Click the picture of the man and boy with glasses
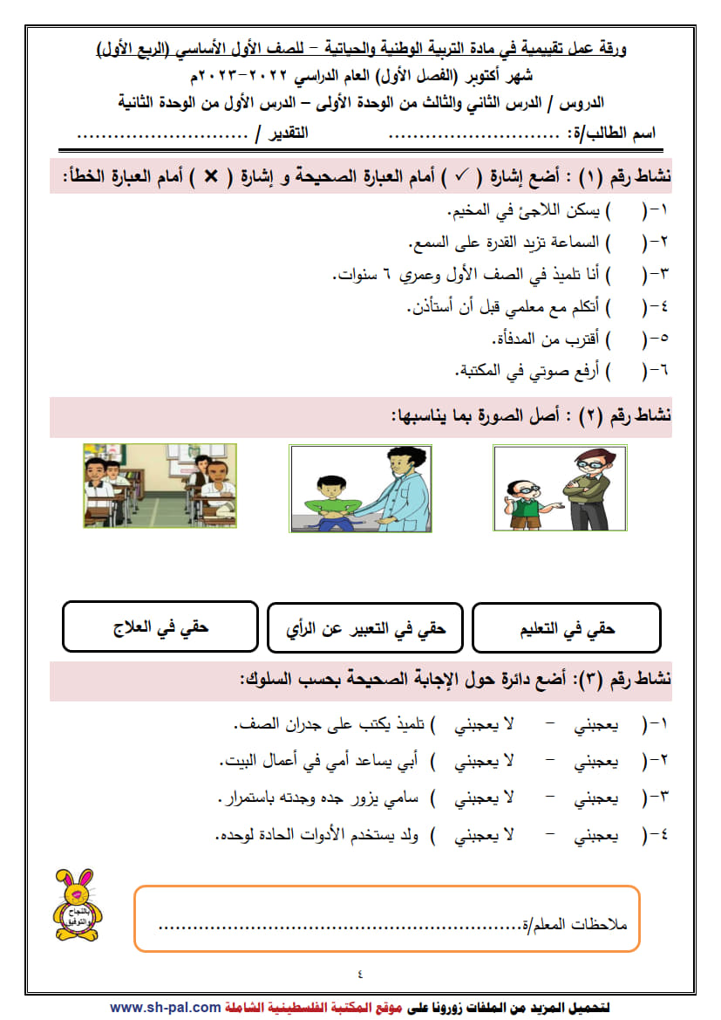tap(564, 488)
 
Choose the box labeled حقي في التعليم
tap(566, 627)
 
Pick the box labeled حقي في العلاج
tap(160, 626)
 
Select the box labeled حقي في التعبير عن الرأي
tap(365, 627)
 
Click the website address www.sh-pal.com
tap(165, 1007)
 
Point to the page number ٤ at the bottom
tap(360, 974)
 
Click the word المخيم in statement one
tap(472, 211)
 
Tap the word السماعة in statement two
tap(570, 243)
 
